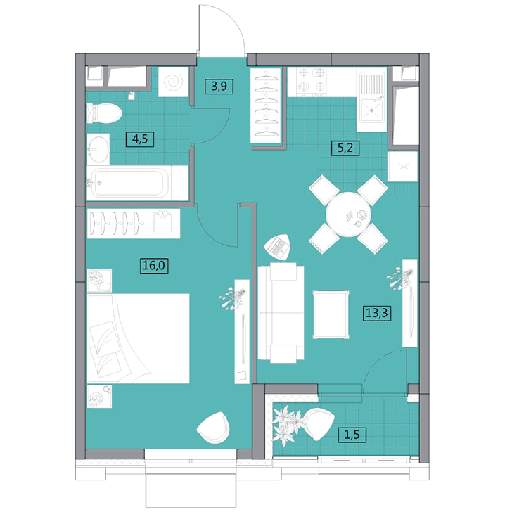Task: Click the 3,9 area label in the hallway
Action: [219, 87]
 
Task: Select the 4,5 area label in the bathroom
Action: [140, 139]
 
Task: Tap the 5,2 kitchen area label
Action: [345, 148]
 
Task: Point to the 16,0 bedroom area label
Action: [155, 265]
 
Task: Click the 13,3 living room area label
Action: [377, 313]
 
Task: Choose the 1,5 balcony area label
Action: [352, 435]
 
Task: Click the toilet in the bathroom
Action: [104, 113]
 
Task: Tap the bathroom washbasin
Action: [98, 149]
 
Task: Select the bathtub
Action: [137, 183]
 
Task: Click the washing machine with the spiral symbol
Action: [174, 82]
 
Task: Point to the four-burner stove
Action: [311, 82]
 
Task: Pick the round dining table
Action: [348, 215]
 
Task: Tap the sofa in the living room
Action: [281, 313]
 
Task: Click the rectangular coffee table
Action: [331, 315]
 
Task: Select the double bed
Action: [138, 338]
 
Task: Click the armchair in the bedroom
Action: [213, 428]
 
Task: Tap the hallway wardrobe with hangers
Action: [266, 105]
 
